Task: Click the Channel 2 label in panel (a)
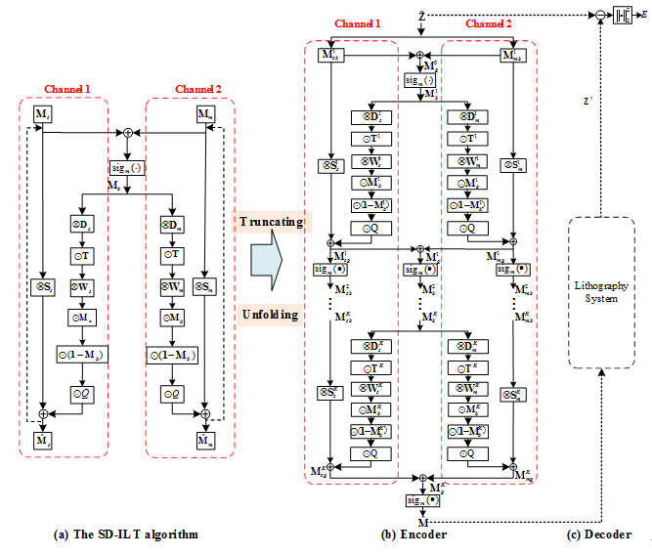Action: click(x=198, y=90)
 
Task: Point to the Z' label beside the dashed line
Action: click(x=586, y=102)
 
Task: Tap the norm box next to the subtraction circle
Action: click(x=621, y=16)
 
